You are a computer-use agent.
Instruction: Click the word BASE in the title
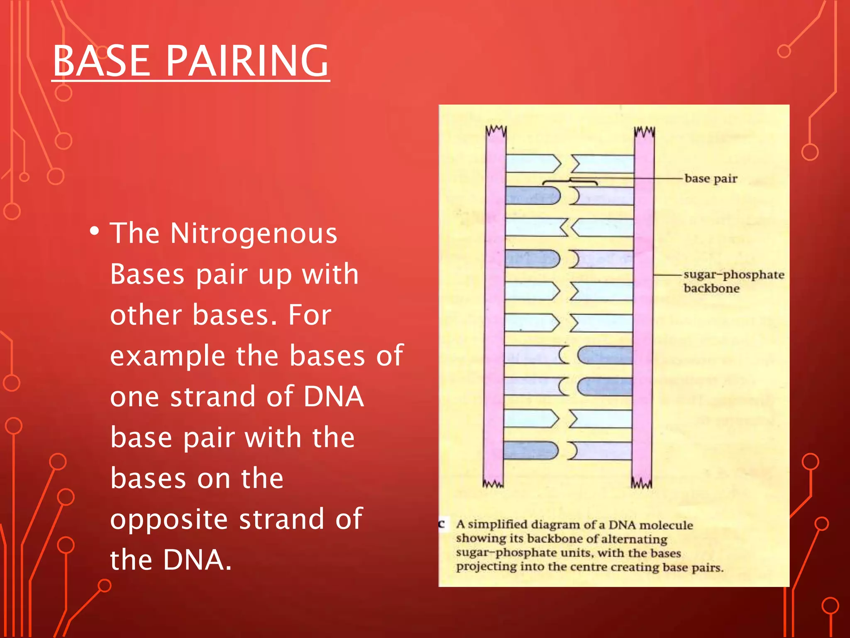coord(102,61)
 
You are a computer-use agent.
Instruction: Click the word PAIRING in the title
coord(247,61)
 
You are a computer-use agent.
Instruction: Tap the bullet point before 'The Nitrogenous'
coord(95,231)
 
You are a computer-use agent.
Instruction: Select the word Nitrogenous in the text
coord(254,233)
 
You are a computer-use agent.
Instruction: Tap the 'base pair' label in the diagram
coord(711,179)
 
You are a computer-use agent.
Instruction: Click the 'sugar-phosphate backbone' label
coord(733,281)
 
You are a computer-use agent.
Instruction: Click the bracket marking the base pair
coord(570,182)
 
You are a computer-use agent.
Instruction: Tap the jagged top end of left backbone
coord(496,131)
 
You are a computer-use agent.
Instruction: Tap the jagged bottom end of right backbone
coord(642,483)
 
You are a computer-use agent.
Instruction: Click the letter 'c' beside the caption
coord(442,524)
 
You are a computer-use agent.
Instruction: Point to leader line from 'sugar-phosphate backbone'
coord(668,275)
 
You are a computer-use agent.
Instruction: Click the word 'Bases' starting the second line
coord(147,274)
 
